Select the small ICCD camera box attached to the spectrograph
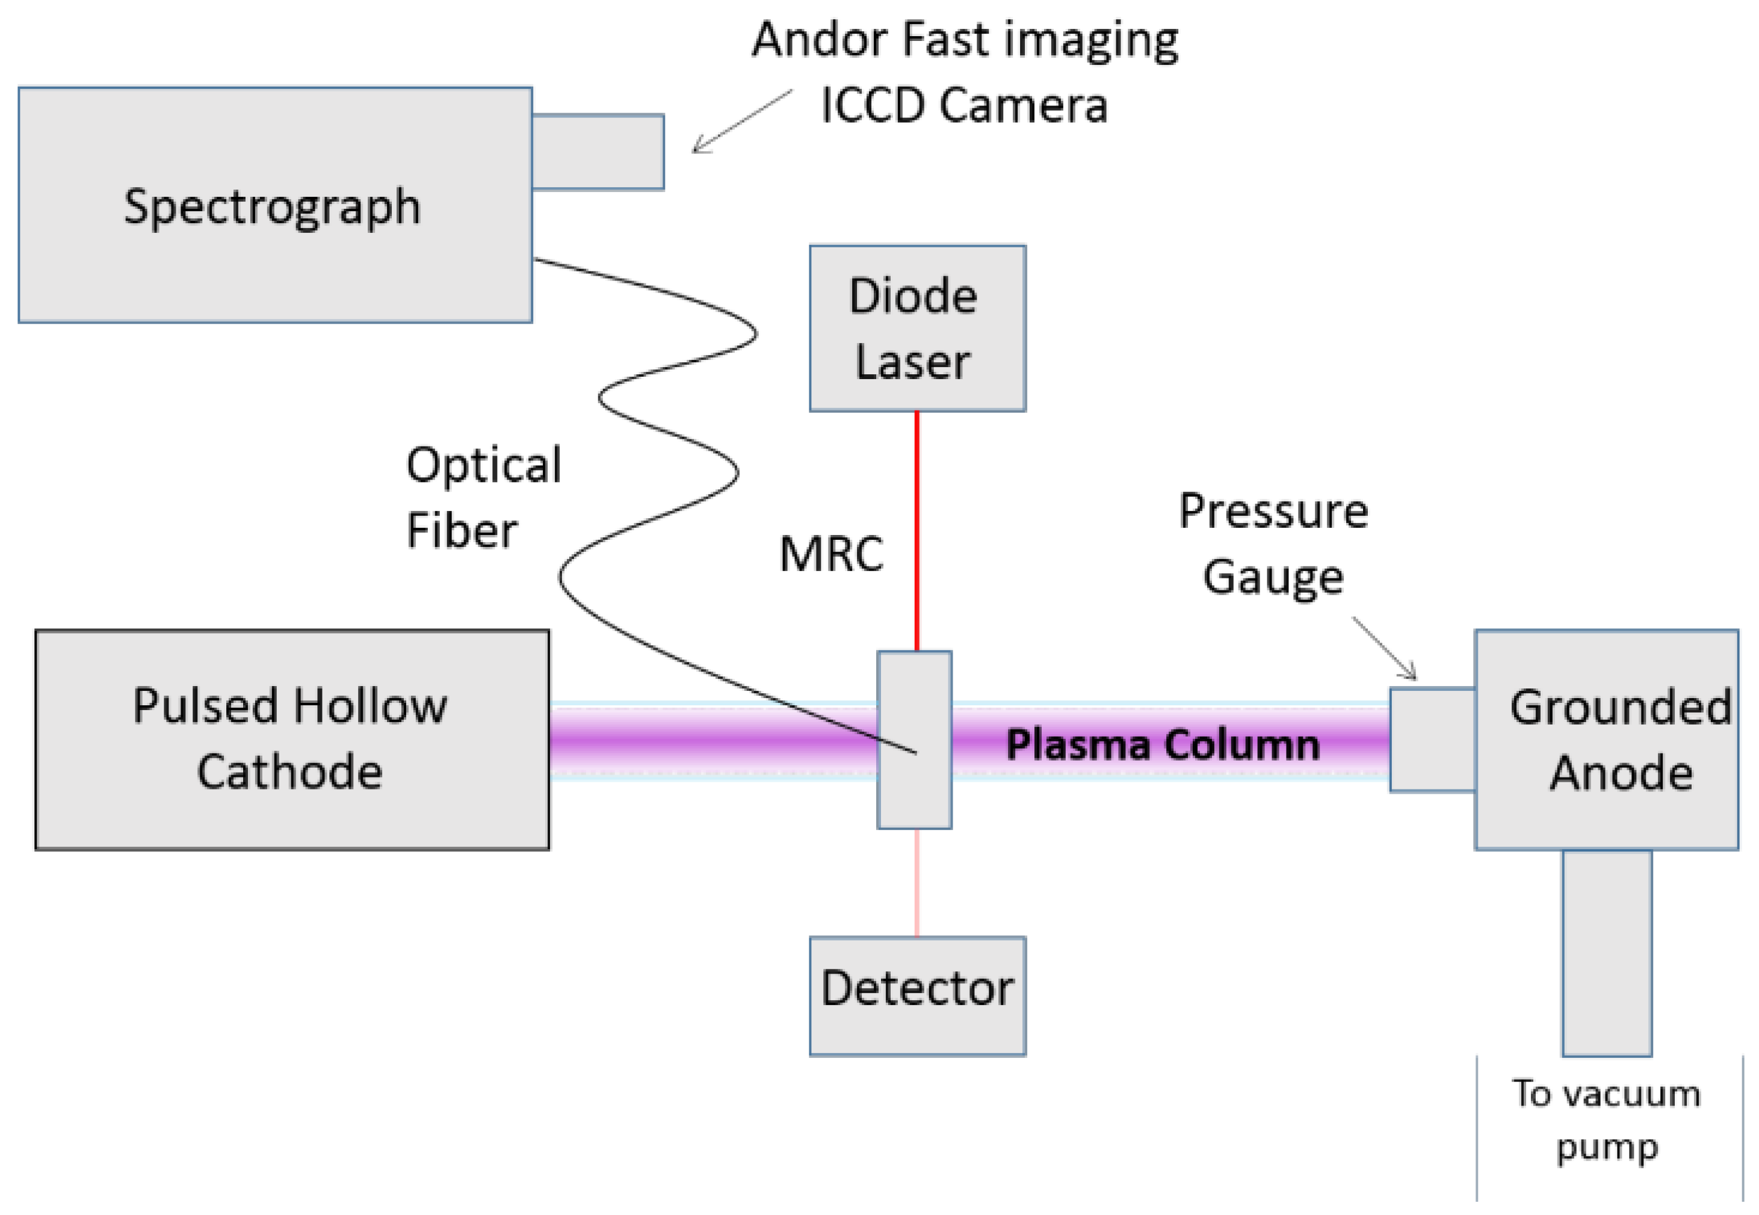tap(597, 152)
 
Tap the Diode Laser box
tap(917, 328)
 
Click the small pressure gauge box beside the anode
tap(1431, 739)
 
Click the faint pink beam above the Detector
tap(917, 882)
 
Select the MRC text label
tap(830, 554)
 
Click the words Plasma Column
tap(1162, 744)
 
